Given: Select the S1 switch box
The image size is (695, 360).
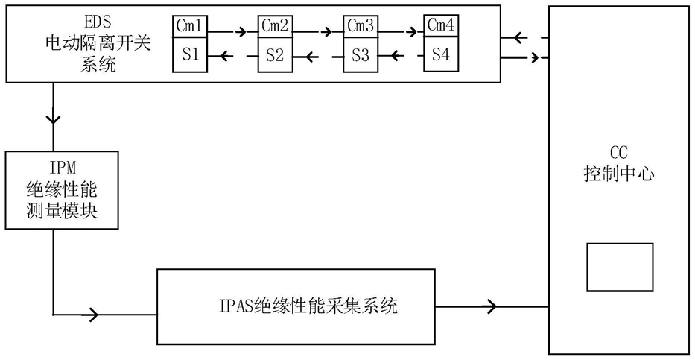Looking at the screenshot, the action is point(190,54).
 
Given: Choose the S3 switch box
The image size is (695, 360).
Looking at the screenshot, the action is point(361,54).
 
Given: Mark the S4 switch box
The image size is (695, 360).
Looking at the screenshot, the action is point(441,54).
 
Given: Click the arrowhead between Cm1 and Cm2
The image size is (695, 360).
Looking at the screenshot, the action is point(242,32).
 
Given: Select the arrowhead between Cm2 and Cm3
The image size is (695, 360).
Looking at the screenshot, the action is point(328,32).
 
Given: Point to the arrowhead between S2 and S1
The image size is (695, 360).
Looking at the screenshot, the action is point(226,56).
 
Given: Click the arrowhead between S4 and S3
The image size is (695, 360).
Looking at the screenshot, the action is point(398,56).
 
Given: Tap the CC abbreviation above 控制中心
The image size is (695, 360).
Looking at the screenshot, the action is point(619,154).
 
